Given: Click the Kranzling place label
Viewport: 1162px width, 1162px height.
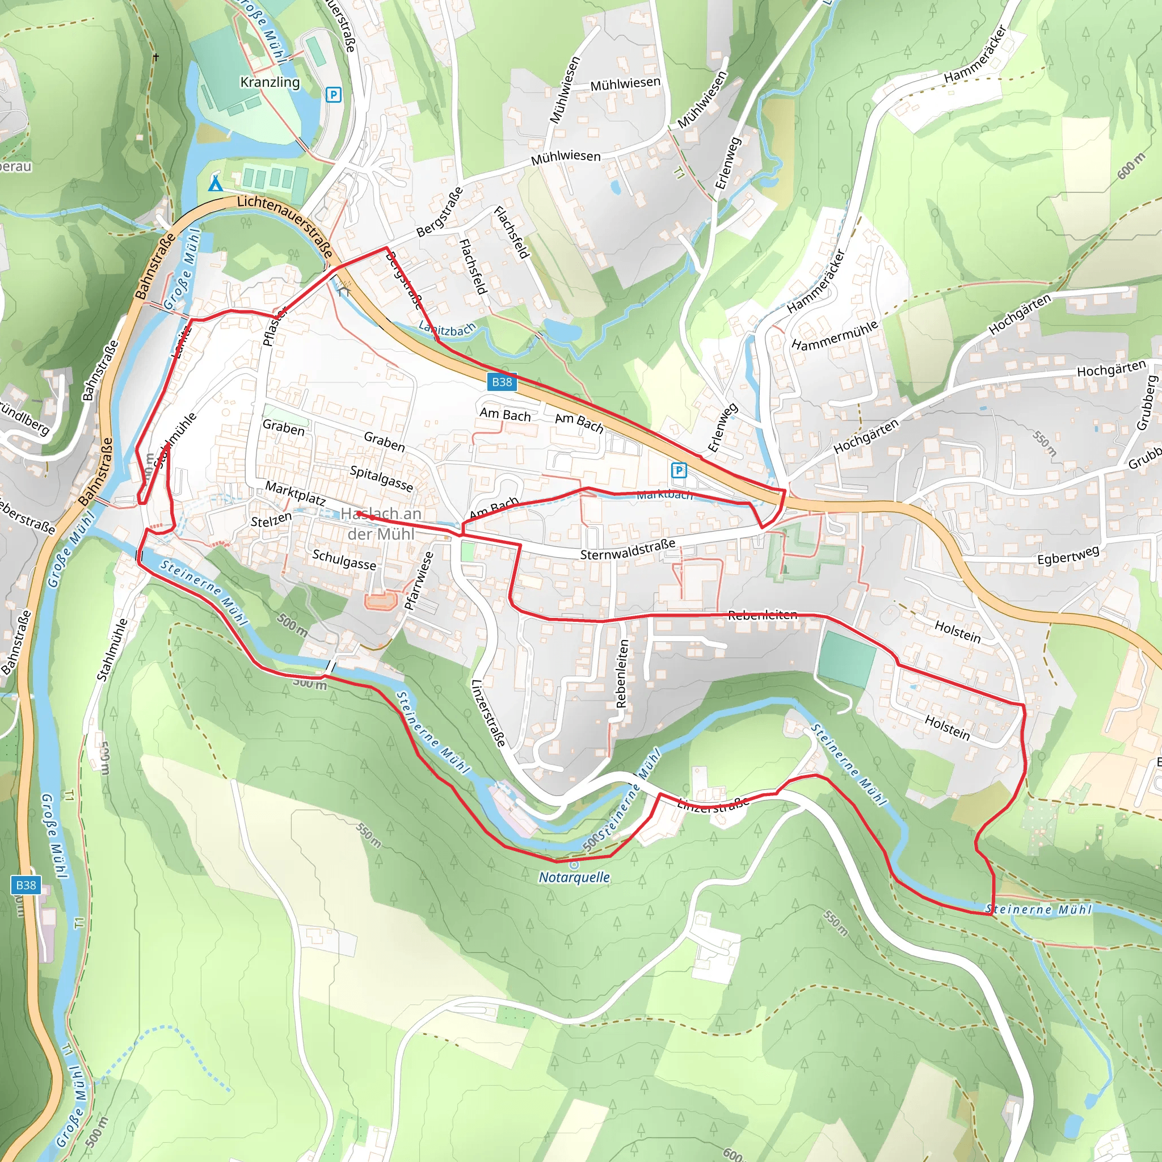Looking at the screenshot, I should (x=270, y=82).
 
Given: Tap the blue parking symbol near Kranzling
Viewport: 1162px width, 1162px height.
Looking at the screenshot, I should (x=333, y=95).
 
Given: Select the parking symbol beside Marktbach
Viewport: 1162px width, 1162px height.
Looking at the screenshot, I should (x=679, y=470).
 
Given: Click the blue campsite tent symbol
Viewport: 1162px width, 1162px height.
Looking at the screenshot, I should (x=215, y=183).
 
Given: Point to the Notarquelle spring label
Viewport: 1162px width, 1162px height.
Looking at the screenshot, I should (x=574, y=878).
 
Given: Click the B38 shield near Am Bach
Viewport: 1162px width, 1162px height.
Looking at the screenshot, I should (x=502, y=382).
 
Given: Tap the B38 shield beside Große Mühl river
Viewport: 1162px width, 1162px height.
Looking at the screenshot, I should (x=26, y=885).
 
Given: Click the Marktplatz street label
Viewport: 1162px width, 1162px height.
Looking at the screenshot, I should (x=295, y=494).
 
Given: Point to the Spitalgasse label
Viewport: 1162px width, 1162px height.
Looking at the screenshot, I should (x=381, y=478).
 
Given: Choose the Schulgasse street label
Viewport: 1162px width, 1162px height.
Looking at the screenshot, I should (x=344, y=559).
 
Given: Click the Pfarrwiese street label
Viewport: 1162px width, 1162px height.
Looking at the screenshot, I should (x=419, y=581).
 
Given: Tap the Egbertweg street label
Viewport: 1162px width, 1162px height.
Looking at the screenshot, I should (x=1068, y=555).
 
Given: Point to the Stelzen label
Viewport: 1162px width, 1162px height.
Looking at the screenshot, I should (x=271, y=520).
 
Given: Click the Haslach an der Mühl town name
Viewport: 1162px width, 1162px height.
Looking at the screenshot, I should (x=380, y=523).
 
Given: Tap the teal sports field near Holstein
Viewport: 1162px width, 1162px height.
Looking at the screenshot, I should (x=846, y=659).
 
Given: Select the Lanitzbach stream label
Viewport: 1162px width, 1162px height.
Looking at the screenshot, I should (x=447, y=329).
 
